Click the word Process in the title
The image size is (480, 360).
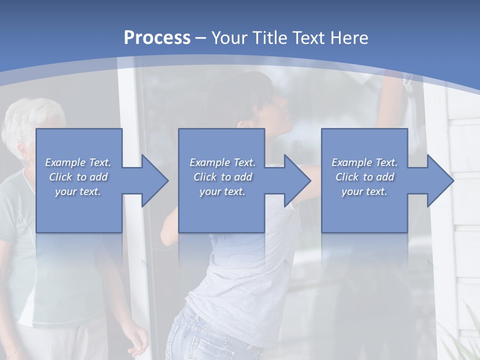click(x=157, y=37)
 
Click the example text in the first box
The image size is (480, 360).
click(x=78, y=177)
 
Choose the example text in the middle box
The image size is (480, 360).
click(x=222, y=177)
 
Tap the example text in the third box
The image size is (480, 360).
click(x=364, y=177)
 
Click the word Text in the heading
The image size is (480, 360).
click(x=309, y=37)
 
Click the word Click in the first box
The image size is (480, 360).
click(x=60, y=177)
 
